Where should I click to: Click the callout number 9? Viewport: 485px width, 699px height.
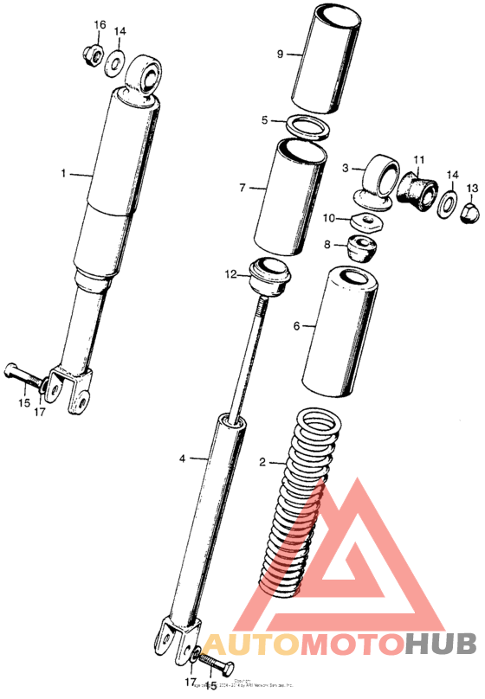coord(281,54)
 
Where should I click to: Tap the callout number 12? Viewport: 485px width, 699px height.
coord(230,275)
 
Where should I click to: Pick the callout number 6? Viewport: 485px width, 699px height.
coord(296,327)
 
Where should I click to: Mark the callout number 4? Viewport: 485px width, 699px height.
coord(182,457)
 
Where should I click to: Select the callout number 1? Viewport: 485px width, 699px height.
coord(63,174)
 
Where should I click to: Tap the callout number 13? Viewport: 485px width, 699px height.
coord(471,189)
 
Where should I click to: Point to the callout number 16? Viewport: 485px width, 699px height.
coord(100,25)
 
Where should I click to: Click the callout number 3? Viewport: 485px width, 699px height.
coord(345,168)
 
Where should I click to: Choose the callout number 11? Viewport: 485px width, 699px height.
coord(418,161)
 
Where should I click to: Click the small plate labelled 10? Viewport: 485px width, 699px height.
coord(372,222)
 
